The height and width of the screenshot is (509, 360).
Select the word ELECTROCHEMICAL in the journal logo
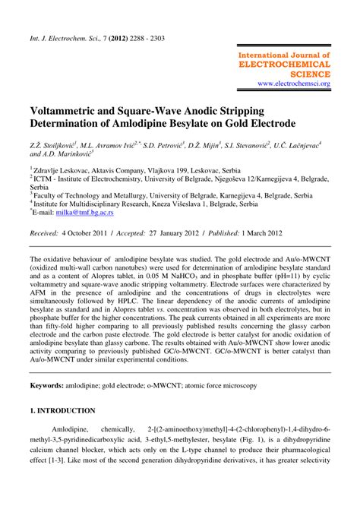click(288, 65)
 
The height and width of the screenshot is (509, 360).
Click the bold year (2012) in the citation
click(123, 36)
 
